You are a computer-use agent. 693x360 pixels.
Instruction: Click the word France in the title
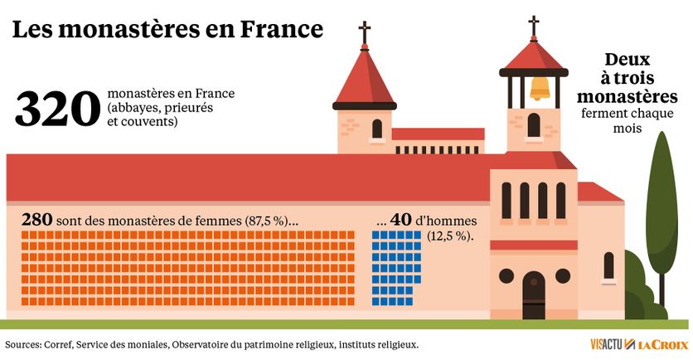point(281,30)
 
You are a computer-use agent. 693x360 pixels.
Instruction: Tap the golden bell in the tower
point(540,87)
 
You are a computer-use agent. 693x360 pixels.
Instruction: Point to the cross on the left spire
point(364,32)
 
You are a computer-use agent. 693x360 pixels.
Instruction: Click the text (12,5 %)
point(450,236)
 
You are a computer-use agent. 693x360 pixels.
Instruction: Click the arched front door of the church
point(534,294)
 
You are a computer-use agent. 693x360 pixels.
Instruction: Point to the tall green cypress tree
point(661,216)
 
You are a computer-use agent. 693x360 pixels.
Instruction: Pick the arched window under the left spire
point(377,129)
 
